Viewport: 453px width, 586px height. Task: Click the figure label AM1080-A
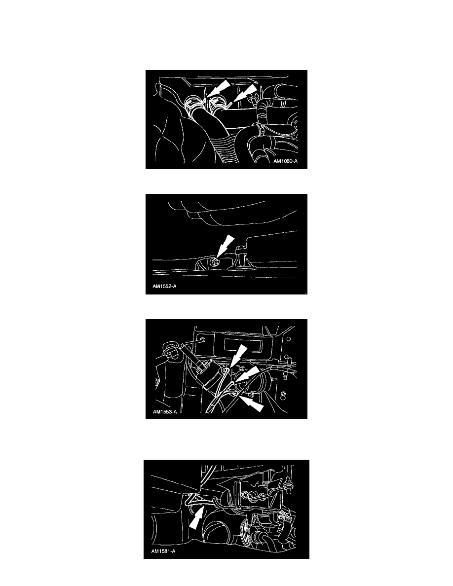click(x=286, y=161)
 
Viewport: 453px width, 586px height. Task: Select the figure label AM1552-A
click(x=164, y=287)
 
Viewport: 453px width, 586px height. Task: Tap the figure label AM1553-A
click(x=165, y=412)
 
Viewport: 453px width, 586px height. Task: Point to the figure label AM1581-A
click(x=163, y=551)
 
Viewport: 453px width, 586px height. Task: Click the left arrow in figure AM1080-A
click(x=218, y=88)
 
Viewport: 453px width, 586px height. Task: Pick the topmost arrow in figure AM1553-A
click(x=238, y=355)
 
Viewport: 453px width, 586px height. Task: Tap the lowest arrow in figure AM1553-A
click(x=252, y=403)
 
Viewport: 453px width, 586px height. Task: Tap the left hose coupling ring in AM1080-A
click(x=194, y=103)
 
